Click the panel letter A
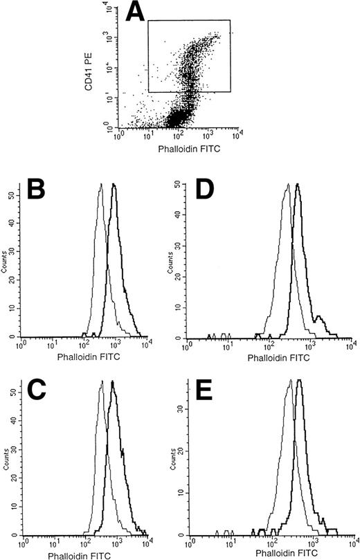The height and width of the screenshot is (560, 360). [162, 12]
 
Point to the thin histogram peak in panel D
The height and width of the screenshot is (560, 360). [287, 186]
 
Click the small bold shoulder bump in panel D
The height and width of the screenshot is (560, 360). [319, 318]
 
